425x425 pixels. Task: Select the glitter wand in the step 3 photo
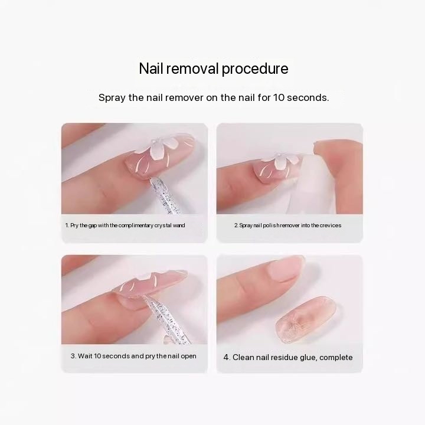pyautogui.click(x=166, y=320)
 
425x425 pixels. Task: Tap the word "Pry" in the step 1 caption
pyautogui.click(x=74, y=225)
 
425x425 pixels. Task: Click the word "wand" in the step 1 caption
pyautogui.click(x=179, y=225)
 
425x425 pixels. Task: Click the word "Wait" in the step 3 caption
pyautogui.click(x=85, y=356)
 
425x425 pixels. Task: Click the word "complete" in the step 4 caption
pyautogui.click(x=336, y=358)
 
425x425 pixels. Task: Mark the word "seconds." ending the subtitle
pyautogui.click(x=308, y=97)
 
